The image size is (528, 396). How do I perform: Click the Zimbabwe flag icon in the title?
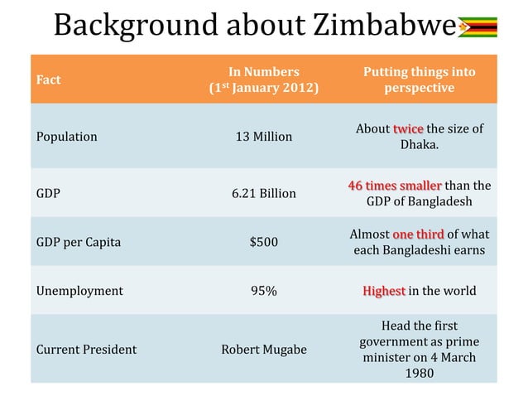click(x=478, y=27)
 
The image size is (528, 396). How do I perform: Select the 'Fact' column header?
click(x=48, y=80)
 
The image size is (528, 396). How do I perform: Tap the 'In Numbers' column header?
click(x=263, y=72)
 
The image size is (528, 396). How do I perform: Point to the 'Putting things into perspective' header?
click(x=419, y=80)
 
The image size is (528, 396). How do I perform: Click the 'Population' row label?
click(x=66, y=137)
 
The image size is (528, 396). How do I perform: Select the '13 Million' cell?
click(x=263, y=137)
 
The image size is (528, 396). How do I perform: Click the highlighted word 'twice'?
click(x=408, y=129)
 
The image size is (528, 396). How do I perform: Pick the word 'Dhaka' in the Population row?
click(x=418, y=145)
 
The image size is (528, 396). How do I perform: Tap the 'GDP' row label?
click(x=47, y=193)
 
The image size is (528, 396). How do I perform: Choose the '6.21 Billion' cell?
click(x=263, y=193)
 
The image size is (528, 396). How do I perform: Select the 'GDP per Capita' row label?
click(x=79, y=243)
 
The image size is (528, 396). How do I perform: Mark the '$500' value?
click(x=263, y=243)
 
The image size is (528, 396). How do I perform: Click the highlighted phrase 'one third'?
click(x=418, y=234)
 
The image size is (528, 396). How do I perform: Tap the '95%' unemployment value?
click(x=263, y=291)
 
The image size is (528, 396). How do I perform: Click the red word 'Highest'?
click(x=384, y=291)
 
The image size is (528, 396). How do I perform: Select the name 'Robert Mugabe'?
click(x=263, y=350)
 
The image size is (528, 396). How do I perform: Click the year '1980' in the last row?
click(x=419, y=373)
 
